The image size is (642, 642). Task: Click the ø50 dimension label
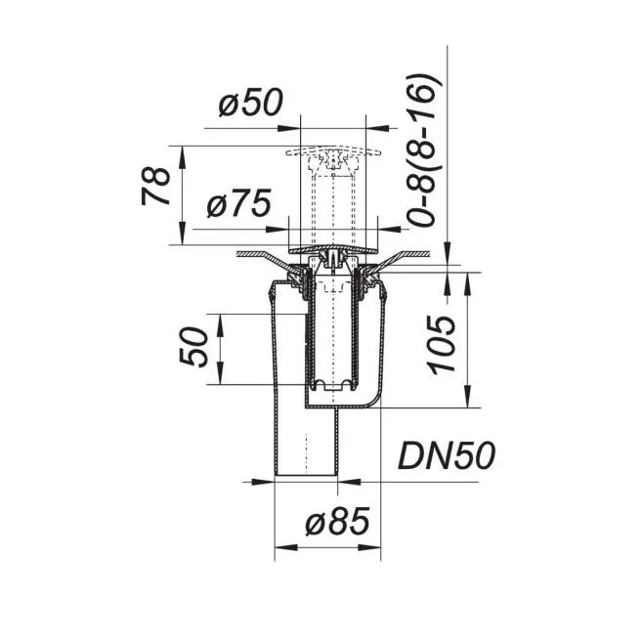tap(250, 102)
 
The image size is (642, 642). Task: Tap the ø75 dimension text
tap(239, 203)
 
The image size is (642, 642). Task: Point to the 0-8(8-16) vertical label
tap(425, 150)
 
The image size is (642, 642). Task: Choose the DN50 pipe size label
tap(447, 455)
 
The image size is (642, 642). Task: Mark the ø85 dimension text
tap(338, 521)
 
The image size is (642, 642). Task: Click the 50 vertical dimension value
tap(193, 347)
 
